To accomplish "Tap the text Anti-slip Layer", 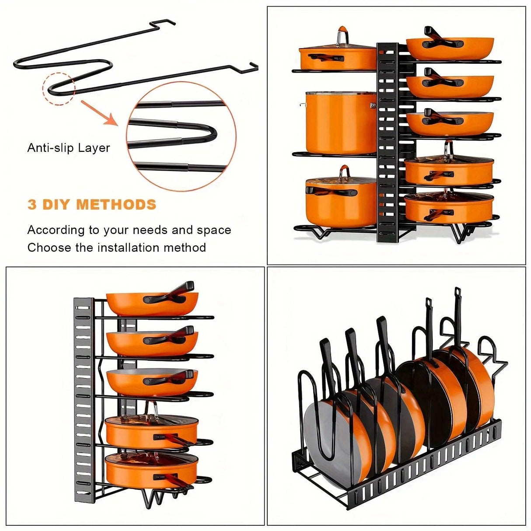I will click(68, 148).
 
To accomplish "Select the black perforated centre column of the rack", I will click(388, 140).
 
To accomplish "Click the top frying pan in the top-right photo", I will click(450, 46).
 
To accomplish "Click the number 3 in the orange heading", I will click(32, 205).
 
